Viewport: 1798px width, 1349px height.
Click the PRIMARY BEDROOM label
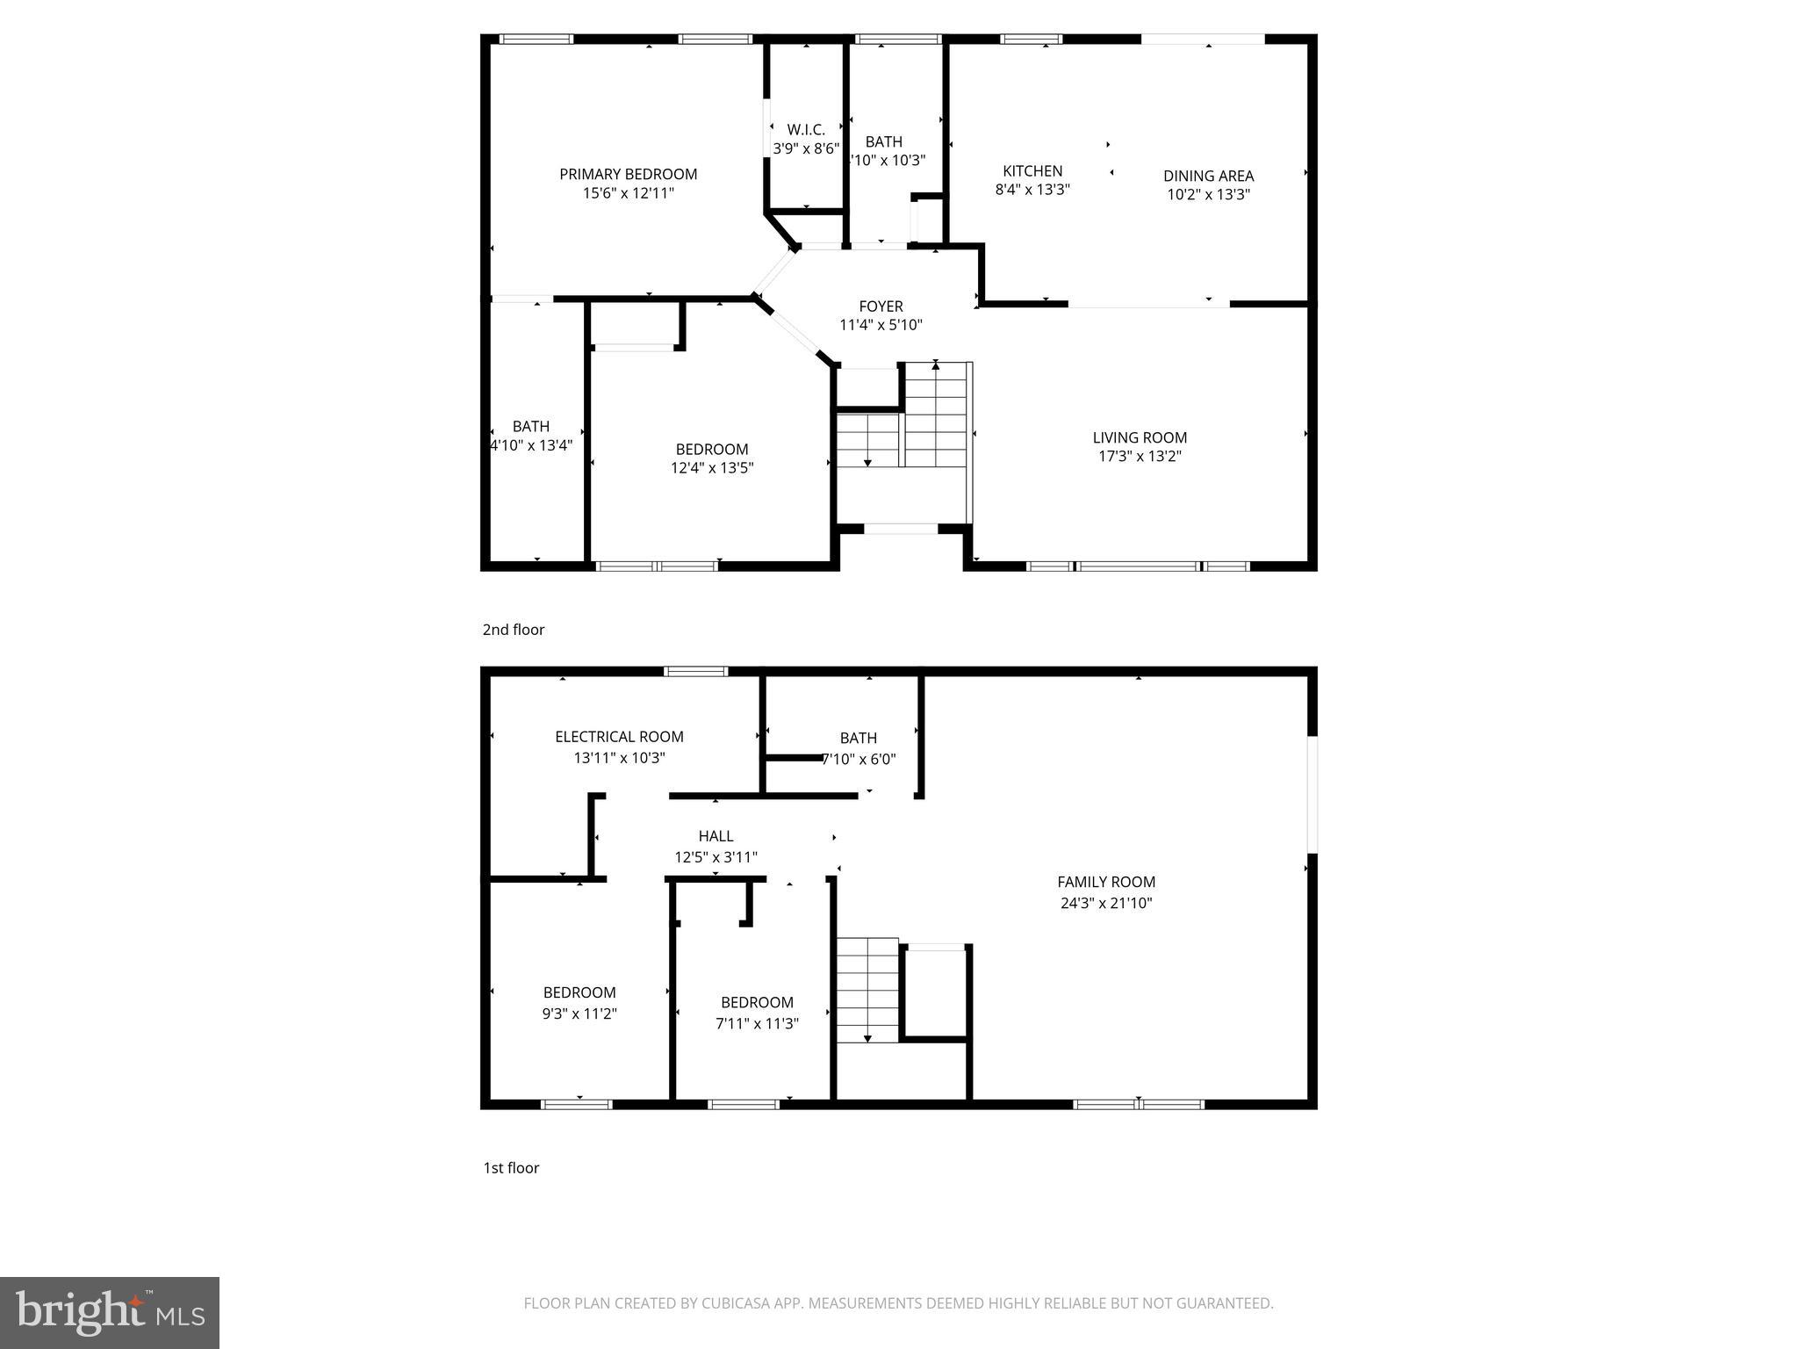pyautogui.click(x=628, y=174)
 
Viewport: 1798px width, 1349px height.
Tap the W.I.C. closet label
pyautogui.click(x=805, y=130)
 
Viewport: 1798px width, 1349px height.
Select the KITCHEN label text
pyautogui.click(x=1032, y=170)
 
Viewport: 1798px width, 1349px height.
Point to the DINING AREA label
pyautogui.click(x=1208, y=176)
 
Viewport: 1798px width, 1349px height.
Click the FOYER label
pyautogui.click(x=881, y=306)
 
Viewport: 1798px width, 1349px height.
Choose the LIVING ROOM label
pyautogui.click(x=1140, y=437)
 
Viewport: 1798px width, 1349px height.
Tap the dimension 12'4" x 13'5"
pyautogui.click(x=712, y=468)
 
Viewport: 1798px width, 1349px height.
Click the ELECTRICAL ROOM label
pyautogui.click(x=619, y=737)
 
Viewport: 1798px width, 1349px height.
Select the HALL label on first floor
pyautogui.click(x=716, y=836)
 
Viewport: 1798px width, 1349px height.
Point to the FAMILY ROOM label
pyautogui.click(x=1106, y=882)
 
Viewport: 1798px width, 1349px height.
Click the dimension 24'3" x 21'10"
pyautogui.click(x=1106, y=903)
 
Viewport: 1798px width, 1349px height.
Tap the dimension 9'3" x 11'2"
pyautogui.click(x=579, y=1014)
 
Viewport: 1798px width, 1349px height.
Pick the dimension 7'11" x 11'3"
pyautogui.click(x=757, y=1023)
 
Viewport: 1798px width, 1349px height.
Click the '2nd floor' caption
pyautogui.click(x=514, y=630)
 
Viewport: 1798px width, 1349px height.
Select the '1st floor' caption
pyautogui.click(x=511, y=1167)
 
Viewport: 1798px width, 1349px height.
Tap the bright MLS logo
pyautogui.click(x=110, y=1312)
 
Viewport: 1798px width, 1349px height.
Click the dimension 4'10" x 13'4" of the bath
pyautogui.click(x=531, y=445)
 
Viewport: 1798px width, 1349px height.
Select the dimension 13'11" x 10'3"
pyautogui.click(x=619, y=757)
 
